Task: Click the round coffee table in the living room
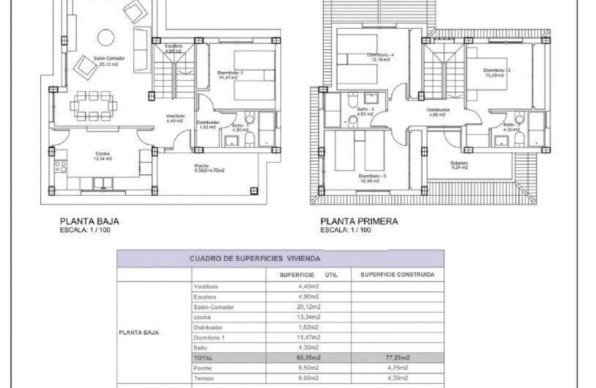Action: (107, 37)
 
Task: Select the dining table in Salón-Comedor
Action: (93, 106)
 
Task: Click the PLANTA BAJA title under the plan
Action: (89, 221)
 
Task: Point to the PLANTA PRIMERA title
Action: (359, 221)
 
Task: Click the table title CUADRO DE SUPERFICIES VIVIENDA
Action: (255, 259)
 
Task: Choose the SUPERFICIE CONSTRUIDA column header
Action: (397, 275)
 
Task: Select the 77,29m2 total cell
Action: (397, 357)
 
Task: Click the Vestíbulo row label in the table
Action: (205, 287)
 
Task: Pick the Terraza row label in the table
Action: (203, 378)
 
